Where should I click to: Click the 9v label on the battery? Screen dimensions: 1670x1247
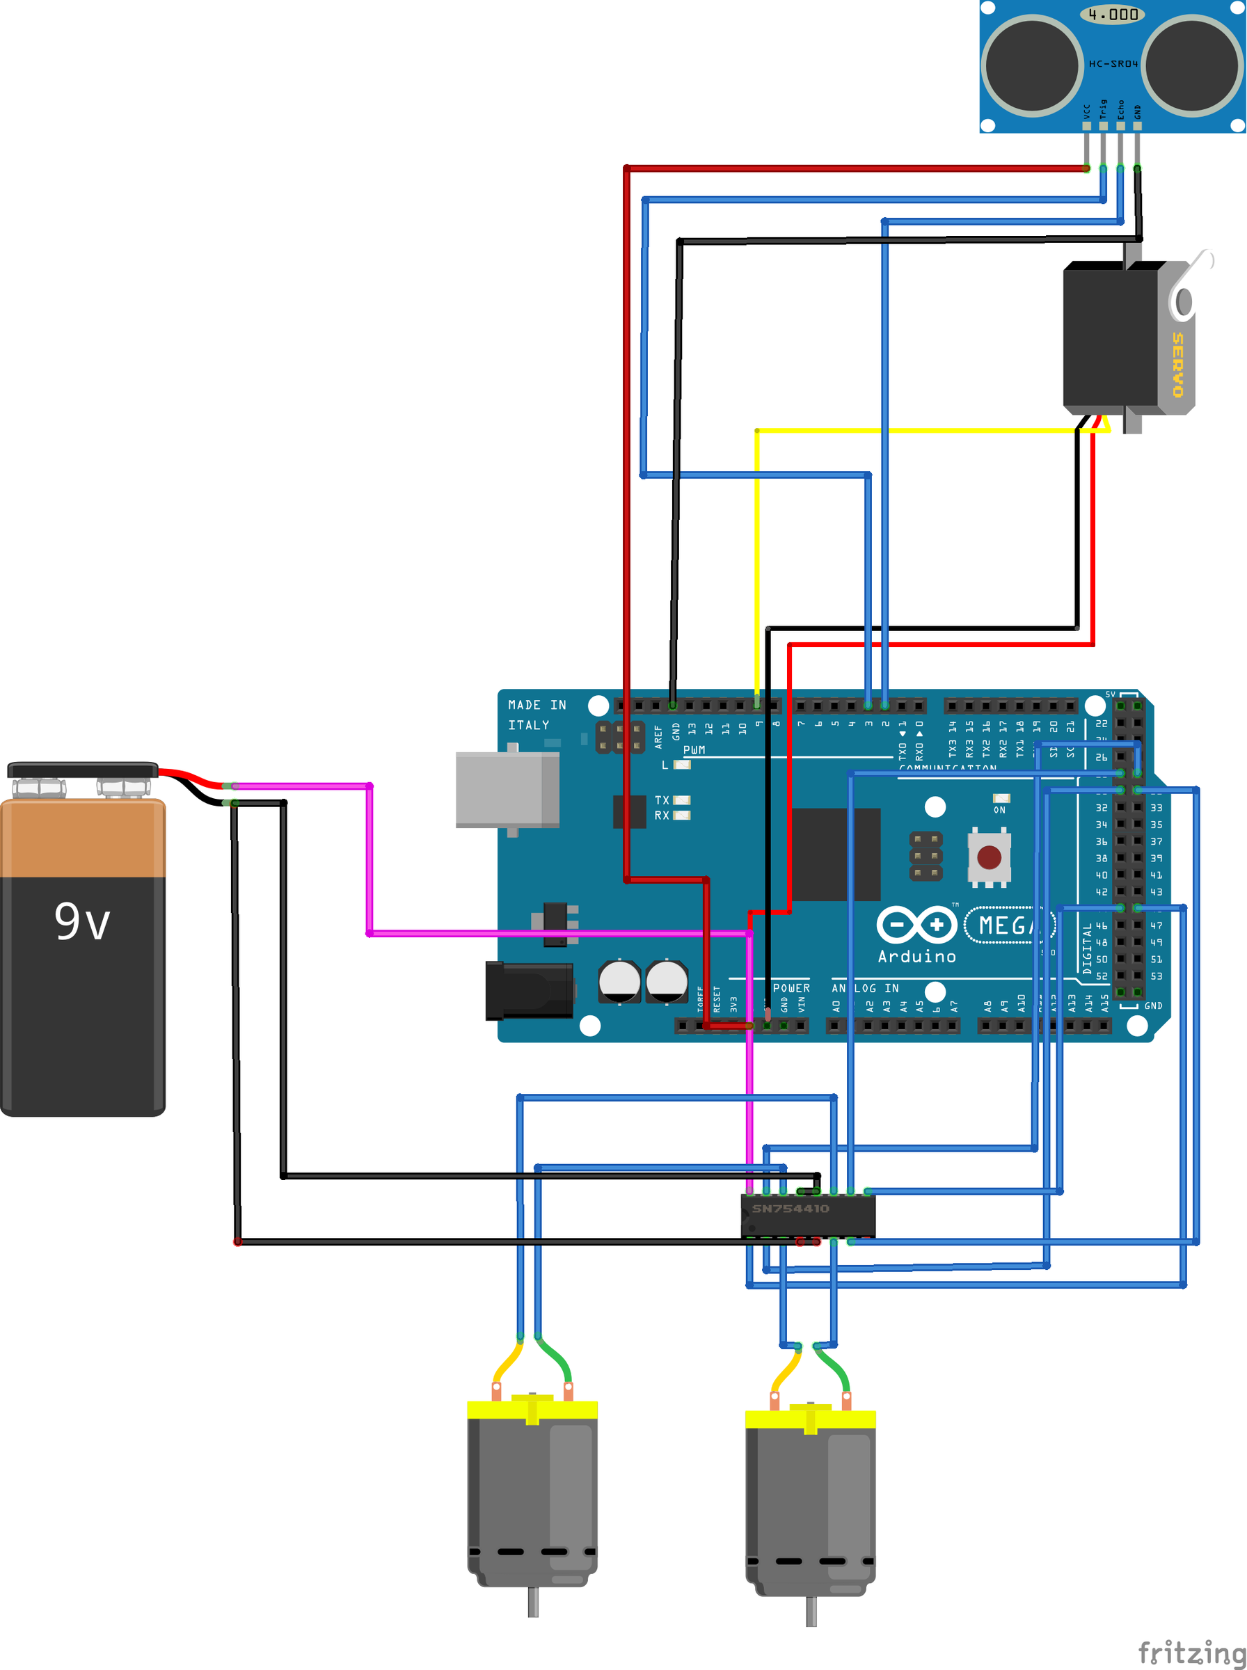click(82, 922)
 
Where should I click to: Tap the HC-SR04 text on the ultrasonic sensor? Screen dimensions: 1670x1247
click(1113, 64)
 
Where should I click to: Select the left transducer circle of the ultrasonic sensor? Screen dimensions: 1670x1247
click(1032, 65)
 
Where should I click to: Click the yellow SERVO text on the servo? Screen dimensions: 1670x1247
click(1177, 365)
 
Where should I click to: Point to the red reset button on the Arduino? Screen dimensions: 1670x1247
click(989, 857)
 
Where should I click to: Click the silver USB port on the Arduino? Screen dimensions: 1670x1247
click(507, 789)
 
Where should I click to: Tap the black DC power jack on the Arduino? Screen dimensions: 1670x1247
click(528, 990)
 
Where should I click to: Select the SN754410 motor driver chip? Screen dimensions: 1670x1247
click(808, 1215)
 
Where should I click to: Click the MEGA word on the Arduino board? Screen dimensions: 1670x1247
click(1008, 925)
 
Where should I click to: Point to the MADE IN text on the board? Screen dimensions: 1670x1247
click(537, 705)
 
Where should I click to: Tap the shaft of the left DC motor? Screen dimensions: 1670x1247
click(533, 1601)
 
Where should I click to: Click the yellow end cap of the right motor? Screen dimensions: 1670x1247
click(810, 1419)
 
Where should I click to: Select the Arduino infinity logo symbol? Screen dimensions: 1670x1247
click(916, 925)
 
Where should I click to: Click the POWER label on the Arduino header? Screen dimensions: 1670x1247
click(791, 988)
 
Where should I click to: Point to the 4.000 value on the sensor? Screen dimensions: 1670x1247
click(1113, 15)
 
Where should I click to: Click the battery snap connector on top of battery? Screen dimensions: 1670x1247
click(82, 770)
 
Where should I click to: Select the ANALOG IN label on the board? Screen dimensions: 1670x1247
click(865, 988)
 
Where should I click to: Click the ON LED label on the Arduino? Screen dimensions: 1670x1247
click(999, 810)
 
